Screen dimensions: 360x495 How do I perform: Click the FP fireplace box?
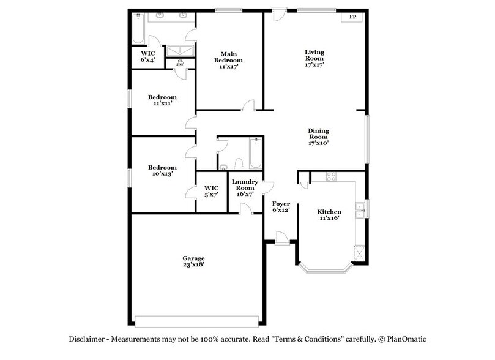pyautogui.click(x=352, y=17)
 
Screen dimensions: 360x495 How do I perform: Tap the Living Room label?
pyautogui.click(x=314, y=58)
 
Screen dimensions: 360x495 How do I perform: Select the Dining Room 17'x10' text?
pyautogui.click(x=318, y=137)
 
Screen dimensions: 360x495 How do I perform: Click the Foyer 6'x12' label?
pyautogui.click(x=280, y=206)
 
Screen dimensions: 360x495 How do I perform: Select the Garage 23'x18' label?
pyautogui.click(x=193, y=261)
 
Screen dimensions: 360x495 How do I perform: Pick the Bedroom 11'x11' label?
pyautogui.click(x=162, y=100)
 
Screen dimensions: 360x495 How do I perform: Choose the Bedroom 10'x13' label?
pyautogui.click(x=162, y=171)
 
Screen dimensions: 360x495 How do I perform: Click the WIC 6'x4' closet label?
pyautogui.click(x=148, y=56)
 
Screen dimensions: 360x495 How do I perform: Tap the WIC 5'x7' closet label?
pyautogui.click(x=211, y=191)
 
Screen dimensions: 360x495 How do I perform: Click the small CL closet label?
pyautogui.click(x=181, y=62)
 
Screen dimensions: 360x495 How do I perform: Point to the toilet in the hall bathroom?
pyautogui.click(x=239, y=163)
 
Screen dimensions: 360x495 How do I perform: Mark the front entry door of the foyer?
pyautogui.click(x=281, y=238)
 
